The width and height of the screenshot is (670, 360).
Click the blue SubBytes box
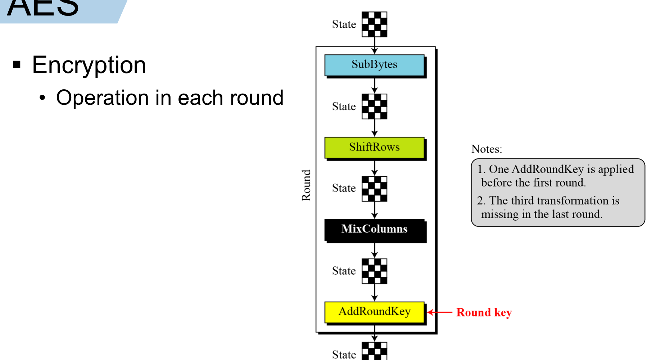click(x=374, y=65)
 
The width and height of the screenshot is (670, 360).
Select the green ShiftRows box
click(x=374, y=147)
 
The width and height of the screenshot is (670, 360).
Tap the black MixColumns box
click(x=374, y=229)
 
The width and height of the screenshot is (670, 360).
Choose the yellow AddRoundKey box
click(x=374, y=312)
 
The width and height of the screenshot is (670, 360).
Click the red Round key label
click(x=484, y=312)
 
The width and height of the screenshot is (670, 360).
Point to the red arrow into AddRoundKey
click(x=440, y=312)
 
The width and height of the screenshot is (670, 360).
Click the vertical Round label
click(x=306, y=185)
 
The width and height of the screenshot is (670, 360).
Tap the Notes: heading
click(x=486, y=149)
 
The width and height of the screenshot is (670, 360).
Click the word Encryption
click(x=89, y=65)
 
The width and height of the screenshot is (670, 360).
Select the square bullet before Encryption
click(x=17, y=65)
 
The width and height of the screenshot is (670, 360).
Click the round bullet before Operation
click(x=43, y=98)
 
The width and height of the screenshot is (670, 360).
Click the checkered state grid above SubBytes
click(x=374, y=24)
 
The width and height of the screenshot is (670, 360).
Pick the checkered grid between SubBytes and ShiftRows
click(x=374, y=107)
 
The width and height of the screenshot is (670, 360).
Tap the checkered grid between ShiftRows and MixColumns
click(x=374, y=189)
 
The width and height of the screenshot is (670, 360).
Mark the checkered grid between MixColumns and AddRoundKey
click(x=374, y=271)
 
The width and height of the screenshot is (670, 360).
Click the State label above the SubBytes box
click(x=344, y=24)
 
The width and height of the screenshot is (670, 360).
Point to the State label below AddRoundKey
click(x=344, y=355)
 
